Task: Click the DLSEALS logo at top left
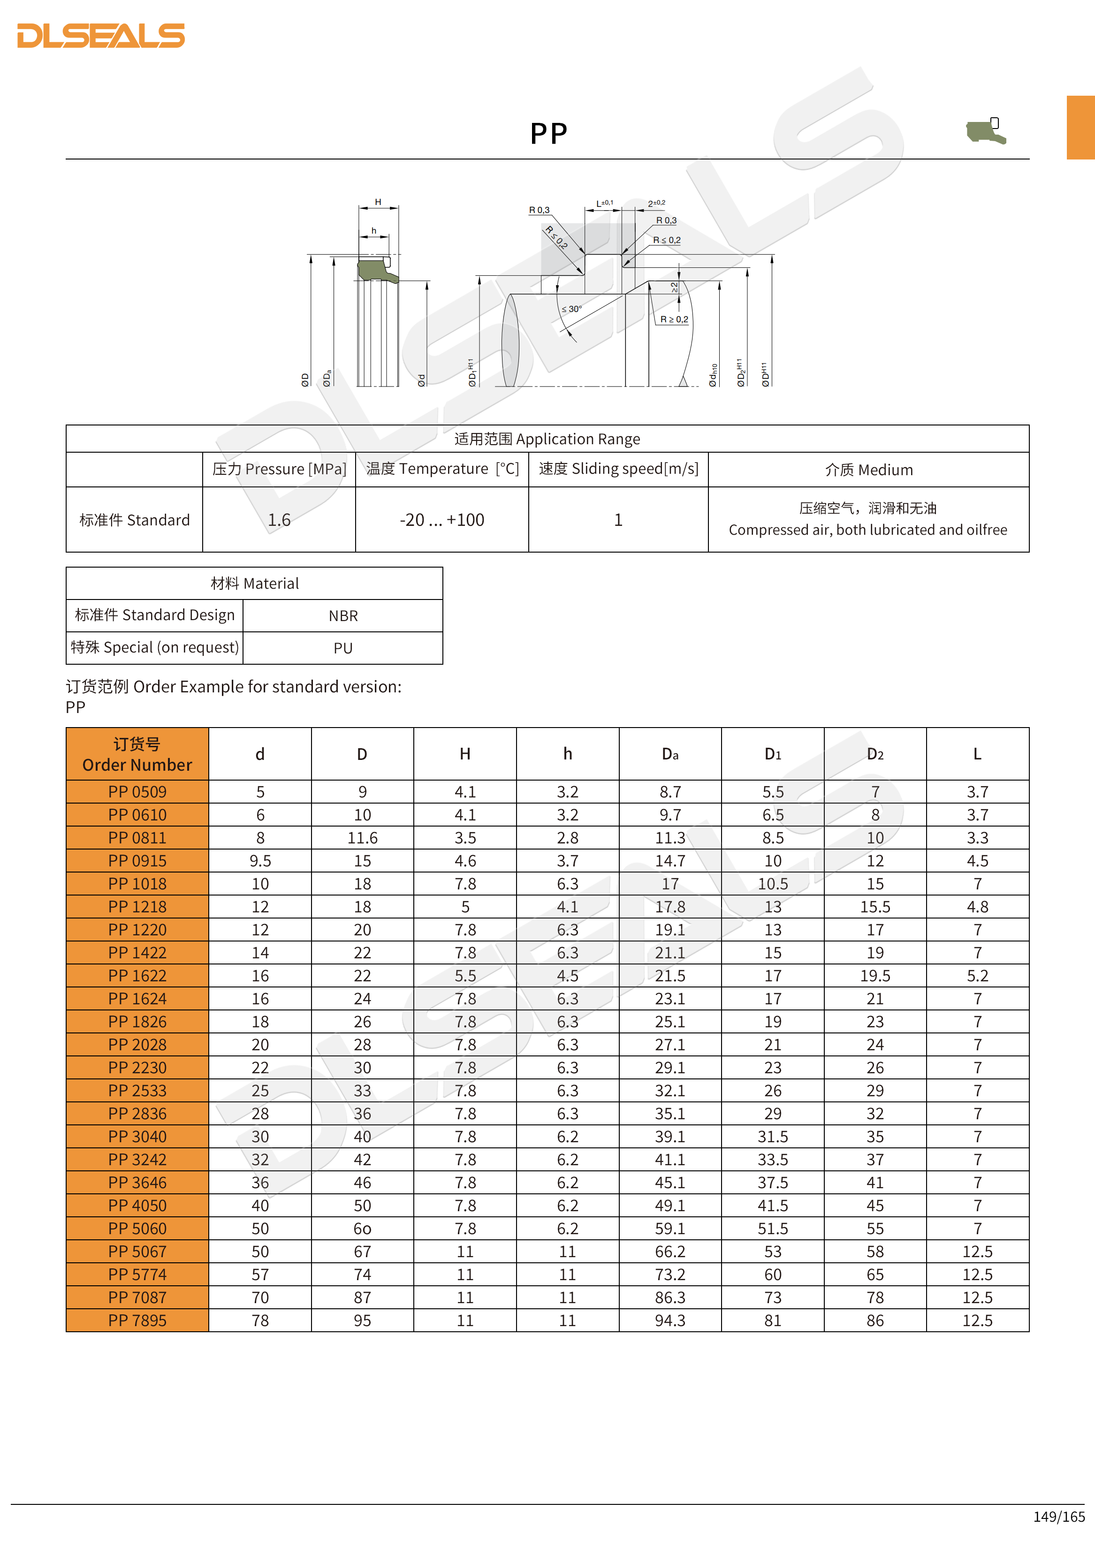(101, 36)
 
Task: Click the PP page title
(548, 134)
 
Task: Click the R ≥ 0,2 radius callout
(674, 319)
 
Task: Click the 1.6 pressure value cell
(279, 520)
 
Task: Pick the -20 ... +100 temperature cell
(441, 520)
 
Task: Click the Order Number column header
(137, 754)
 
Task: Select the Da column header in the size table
(669, 754)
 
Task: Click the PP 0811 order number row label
(137, 838)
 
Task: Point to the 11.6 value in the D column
(362, 838)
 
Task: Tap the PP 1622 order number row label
(137, 976)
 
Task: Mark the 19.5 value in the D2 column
(874, 976)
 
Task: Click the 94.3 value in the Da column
(669, 1320)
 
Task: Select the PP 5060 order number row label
(137, 1229)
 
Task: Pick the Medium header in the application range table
(868, 470)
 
